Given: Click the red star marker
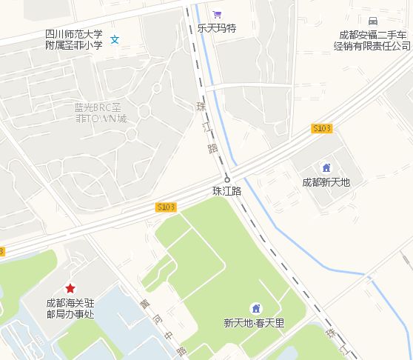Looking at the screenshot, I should point(70,287).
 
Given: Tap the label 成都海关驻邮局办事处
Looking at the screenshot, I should point(70,308).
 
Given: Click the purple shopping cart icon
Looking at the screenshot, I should point(217,14).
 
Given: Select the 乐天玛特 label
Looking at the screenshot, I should point(216,28).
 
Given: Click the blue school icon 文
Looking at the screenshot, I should point(115,39).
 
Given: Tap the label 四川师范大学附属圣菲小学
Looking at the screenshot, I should point(73,39).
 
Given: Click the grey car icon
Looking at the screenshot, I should point(372,21).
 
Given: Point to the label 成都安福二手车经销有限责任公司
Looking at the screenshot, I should point(375,40).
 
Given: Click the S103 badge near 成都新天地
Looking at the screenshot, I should point(322,128).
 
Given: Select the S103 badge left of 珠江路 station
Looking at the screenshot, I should point(166,207).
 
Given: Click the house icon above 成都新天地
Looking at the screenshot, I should point(326,167).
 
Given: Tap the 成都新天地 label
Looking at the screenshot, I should point(326,181).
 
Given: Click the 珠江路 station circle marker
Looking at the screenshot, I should point(227,179).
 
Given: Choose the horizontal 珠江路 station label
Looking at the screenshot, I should point(227,191).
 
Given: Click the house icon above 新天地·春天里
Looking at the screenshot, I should point(255,308).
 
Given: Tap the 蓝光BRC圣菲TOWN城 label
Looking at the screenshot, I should point(101,113).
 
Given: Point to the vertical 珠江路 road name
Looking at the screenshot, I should point(206,127).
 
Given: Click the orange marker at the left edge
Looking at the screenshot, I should point(1,252).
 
